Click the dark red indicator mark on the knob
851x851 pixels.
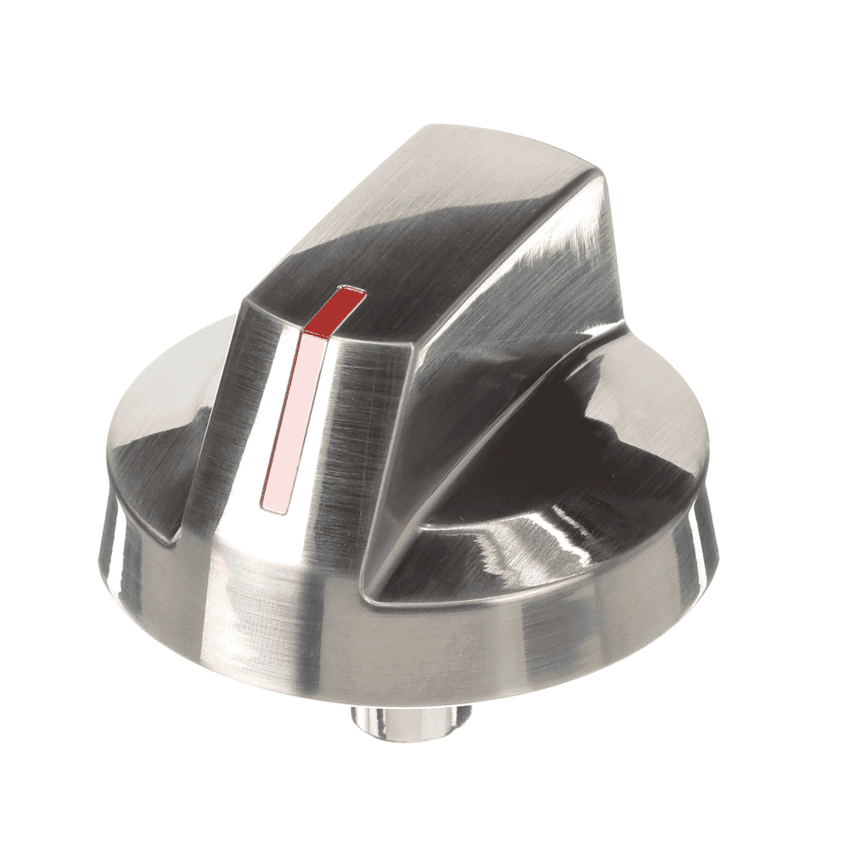point(334,310)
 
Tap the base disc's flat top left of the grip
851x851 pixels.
point(166,399)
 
